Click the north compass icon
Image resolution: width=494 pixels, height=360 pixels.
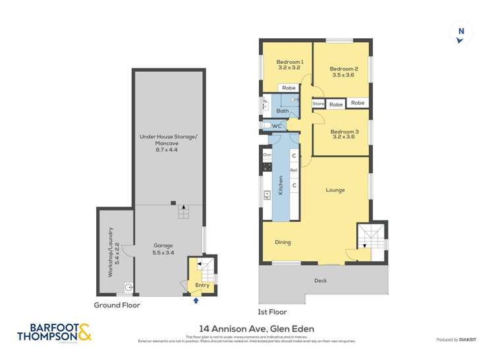tap(460, 34)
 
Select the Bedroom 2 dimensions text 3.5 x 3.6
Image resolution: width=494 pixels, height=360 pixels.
tap(343, 75)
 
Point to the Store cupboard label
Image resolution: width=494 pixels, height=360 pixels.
tap(318, 104)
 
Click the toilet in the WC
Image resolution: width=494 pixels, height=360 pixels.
tap(267, 126)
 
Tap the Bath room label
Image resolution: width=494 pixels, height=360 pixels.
tap(282, 111)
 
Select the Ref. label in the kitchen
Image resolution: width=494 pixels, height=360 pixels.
tap(294, 170)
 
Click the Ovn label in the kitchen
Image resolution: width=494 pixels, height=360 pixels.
tap(267, 154)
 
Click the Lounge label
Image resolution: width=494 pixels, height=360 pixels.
tap(335, 190)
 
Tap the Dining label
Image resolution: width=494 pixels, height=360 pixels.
tap(283, 242)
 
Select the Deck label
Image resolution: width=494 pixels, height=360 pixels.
tap(319, 280)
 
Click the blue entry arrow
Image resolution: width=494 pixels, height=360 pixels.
tap(196, 301)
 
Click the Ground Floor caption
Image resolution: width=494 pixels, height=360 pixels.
tap(117, 305)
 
